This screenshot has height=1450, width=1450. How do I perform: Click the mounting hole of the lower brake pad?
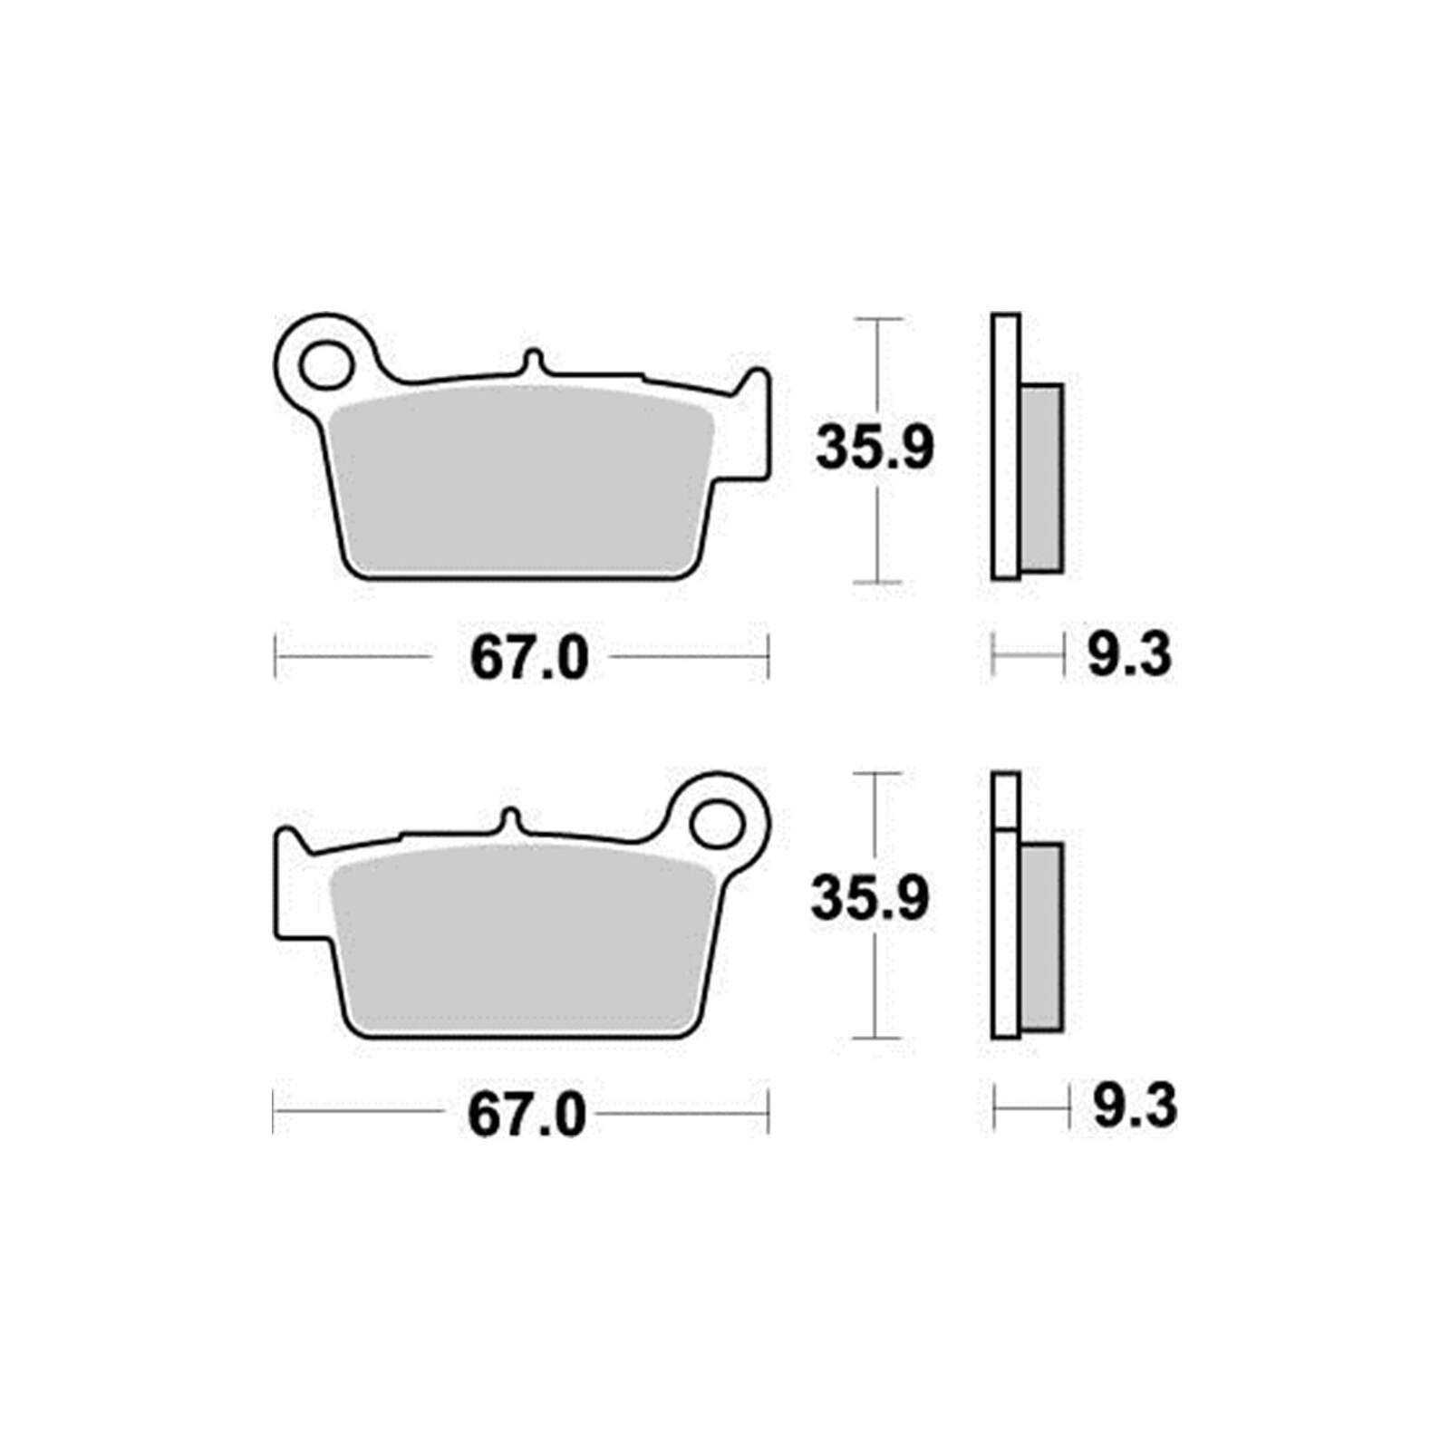(x=716, y=826)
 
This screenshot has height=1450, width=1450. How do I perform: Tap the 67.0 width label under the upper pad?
(x=529, y=659)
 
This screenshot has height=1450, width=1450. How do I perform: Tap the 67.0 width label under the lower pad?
(x=527, y=1116)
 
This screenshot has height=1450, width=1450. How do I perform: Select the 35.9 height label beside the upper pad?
(x=874, y=448)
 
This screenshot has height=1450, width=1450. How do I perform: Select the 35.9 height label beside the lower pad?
(x=870, y=898)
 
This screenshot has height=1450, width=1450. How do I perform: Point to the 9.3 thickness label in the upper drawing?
(x=1129, y=654)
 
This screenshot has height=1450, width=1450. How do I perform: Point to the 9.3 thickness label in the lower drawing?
(x=1136, y=1107)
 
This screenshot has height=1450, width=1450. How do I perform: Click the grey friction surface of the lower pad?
(x=526, y=940)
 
